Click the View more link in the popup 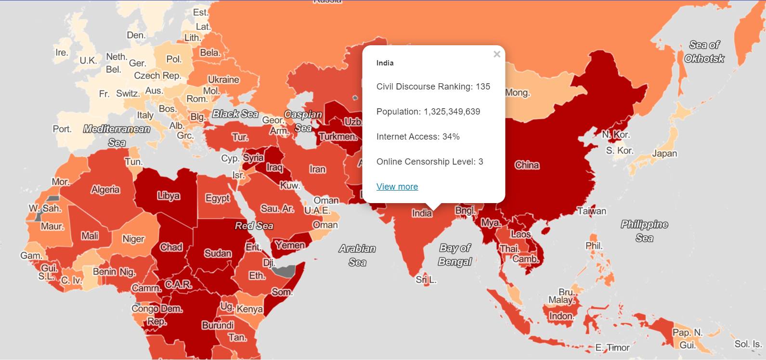[x=397, y=187]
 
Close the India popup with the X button [x=497, y=54]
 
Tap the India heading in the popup [x=385, y=63]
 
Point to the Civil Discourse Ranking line [x=433, y=87]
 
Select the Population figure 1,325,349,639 [x=452, y=112]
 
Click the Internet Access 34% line [x=417, y=137]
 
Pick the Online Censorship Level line [x=429, y=162]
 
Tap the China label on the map [x=527, y=165]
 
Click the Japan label [x=664, y=154]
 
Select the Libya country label [x=168, y=196]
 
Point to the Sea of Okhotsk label [x=704, y=51]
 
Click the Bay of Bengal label [x=454, y=255]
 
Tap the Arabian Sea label [x=357, y=255]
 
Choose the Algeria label [x=105, y=190]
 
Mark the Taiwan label [x=591, y=211]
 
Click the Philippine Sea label [x=644, y=231]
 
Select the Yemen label [x=290, y=245]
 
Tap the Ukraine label [x=223, y=80]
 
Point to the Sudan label [x=218, y=254]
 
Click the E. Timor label [x=612, y=347]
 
